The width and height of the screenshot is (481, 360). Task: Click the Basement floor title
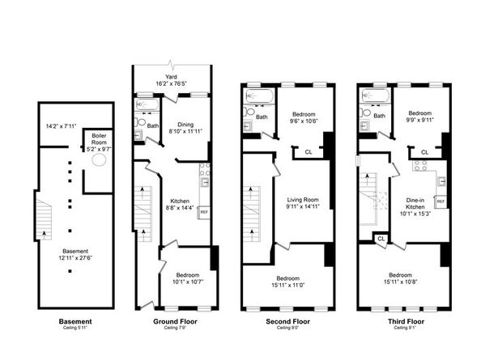point(70,321)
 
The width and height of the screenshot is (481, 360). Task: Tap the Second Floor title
point(288,321)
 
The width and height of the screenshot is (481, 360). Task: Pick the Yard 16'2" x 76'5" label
point(172,79)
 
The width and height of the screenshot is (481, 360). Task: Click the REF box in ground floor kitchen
point(204,211)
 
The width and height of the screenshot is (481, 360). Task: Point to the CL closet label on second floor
point(309,151)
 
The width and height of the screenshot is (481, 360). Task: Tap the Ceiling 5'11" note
point(70,328)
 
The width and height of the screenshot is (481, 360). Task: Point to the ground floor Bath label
point(153,125)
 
